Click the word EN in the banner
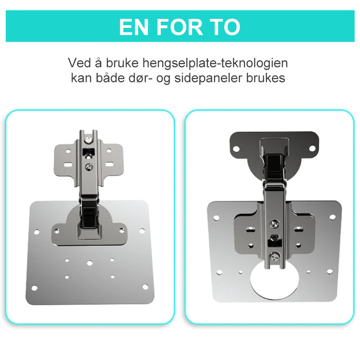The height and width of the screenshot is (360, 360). click(x=133, y=27)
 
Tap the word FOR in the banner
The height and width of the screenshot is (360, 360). click(x=180, y=27)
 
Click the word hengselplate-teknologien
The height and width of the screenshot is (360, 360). click(x=215, y=63)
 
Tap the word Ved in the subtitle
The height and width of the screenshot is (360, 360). click(x=80, y=63)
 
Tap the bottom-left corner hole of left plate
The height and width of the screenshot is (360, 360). click(x=35, y=288)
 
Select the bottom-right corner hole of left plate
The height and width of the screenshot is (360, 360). click(x=145, y=287)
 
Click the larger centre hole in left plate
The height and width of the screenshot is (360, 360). click(x=90, y=263)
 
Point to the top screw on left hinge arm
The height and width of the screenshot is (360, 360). click(x=88, y=140)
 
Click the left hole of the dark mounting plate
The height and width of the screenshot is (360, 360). click(x=236, y=149)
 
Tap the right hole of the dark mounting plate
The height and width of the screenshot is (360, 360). click(x=312, y=148)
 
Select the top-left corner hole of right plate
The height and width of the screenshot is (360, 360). click(x=216, y=218)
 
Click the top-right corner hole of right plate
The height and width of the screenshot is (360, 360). click(x=333, y=217)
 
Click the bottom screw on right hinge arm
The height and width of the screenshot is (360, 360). click(x=275, y=257)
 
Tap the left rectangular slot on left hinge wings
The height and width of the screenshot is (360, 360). click(x=68, y=165)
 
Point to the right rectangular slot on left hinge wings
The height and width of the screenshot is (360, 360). click(x=109, y=164)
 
